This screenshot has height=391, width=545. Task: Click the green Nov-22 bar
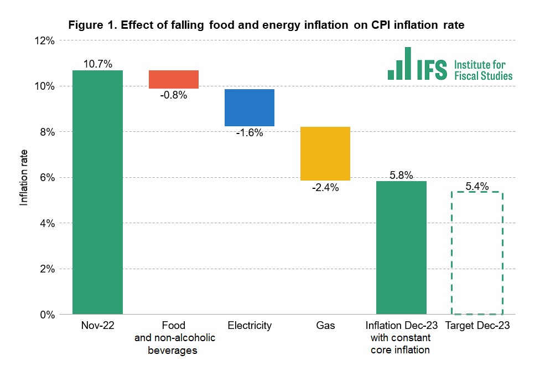(97, 192)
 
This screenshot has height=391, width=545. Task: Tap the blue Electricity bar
(250, 107)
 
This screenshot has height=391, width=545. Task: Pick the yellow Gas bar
(325, 153)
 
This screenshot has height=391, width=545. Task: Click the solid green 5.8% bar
(401, 248)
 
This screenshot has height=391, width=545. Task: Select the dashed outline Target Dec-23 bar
(477, 253)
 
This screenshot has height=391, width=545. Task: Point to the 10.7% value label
(97, 64)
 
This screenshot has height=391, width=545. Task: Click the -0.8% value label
(174, 95)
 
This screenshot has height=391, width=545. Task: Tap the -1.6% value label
(250, 133)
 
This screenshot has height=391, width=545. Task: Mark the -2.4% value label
(325, 188)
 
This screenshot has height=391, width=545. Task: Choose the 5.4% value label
(477, 186)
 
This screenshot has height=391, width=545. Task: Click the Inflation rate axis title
(24, 177)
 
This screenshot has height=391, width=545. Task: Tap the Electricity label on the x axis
(250, 326)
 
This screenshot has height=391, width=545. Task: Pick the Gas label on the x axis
(325, 326)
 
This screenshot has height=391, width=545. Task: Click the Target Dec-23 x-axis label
(477, 326)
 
